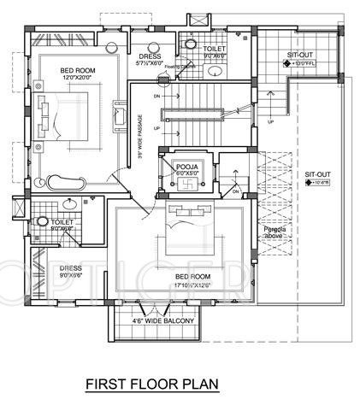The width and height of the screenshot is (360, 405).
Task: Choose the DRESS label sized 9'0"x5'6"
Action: coord(72,271)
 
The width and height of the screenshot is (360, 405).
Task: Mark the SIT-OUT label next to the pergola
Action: coord(317,176)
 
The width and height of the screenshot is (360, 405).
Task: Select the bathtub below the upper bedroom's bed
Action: coord(68,181)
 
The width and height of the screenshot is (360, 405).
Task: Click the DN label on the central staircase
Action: coord(156,96)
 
